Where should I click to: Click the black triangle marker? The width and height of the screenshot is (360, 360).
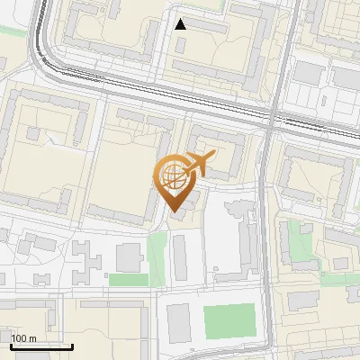(x=181, y=24)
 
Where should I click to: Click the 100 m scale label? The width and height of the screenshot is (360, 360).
(x=23, y=338)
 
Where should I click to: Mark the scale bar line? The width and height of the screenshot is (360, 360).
(x=41, y=346)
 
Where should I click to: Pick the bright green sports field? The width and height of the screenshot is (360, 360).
(x=229, y=321)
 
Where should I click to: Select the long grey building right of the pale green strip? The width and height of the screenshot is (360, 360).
(x=181, y=257)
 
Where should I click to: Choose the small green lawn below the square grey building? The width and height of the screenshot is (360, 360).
(x=128, y=280)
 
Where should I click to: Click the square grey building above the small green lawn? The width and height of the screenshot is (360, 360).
(x=129, y=256)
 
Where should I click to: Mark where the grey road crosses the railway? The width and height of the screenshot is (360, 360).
(x=271, y=120)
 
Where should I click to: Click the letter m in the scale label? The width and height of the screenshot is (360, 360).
(x=31, y=338)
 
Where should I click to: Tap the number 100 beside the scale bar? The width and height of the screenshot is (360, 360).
(x=19, y=338)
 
